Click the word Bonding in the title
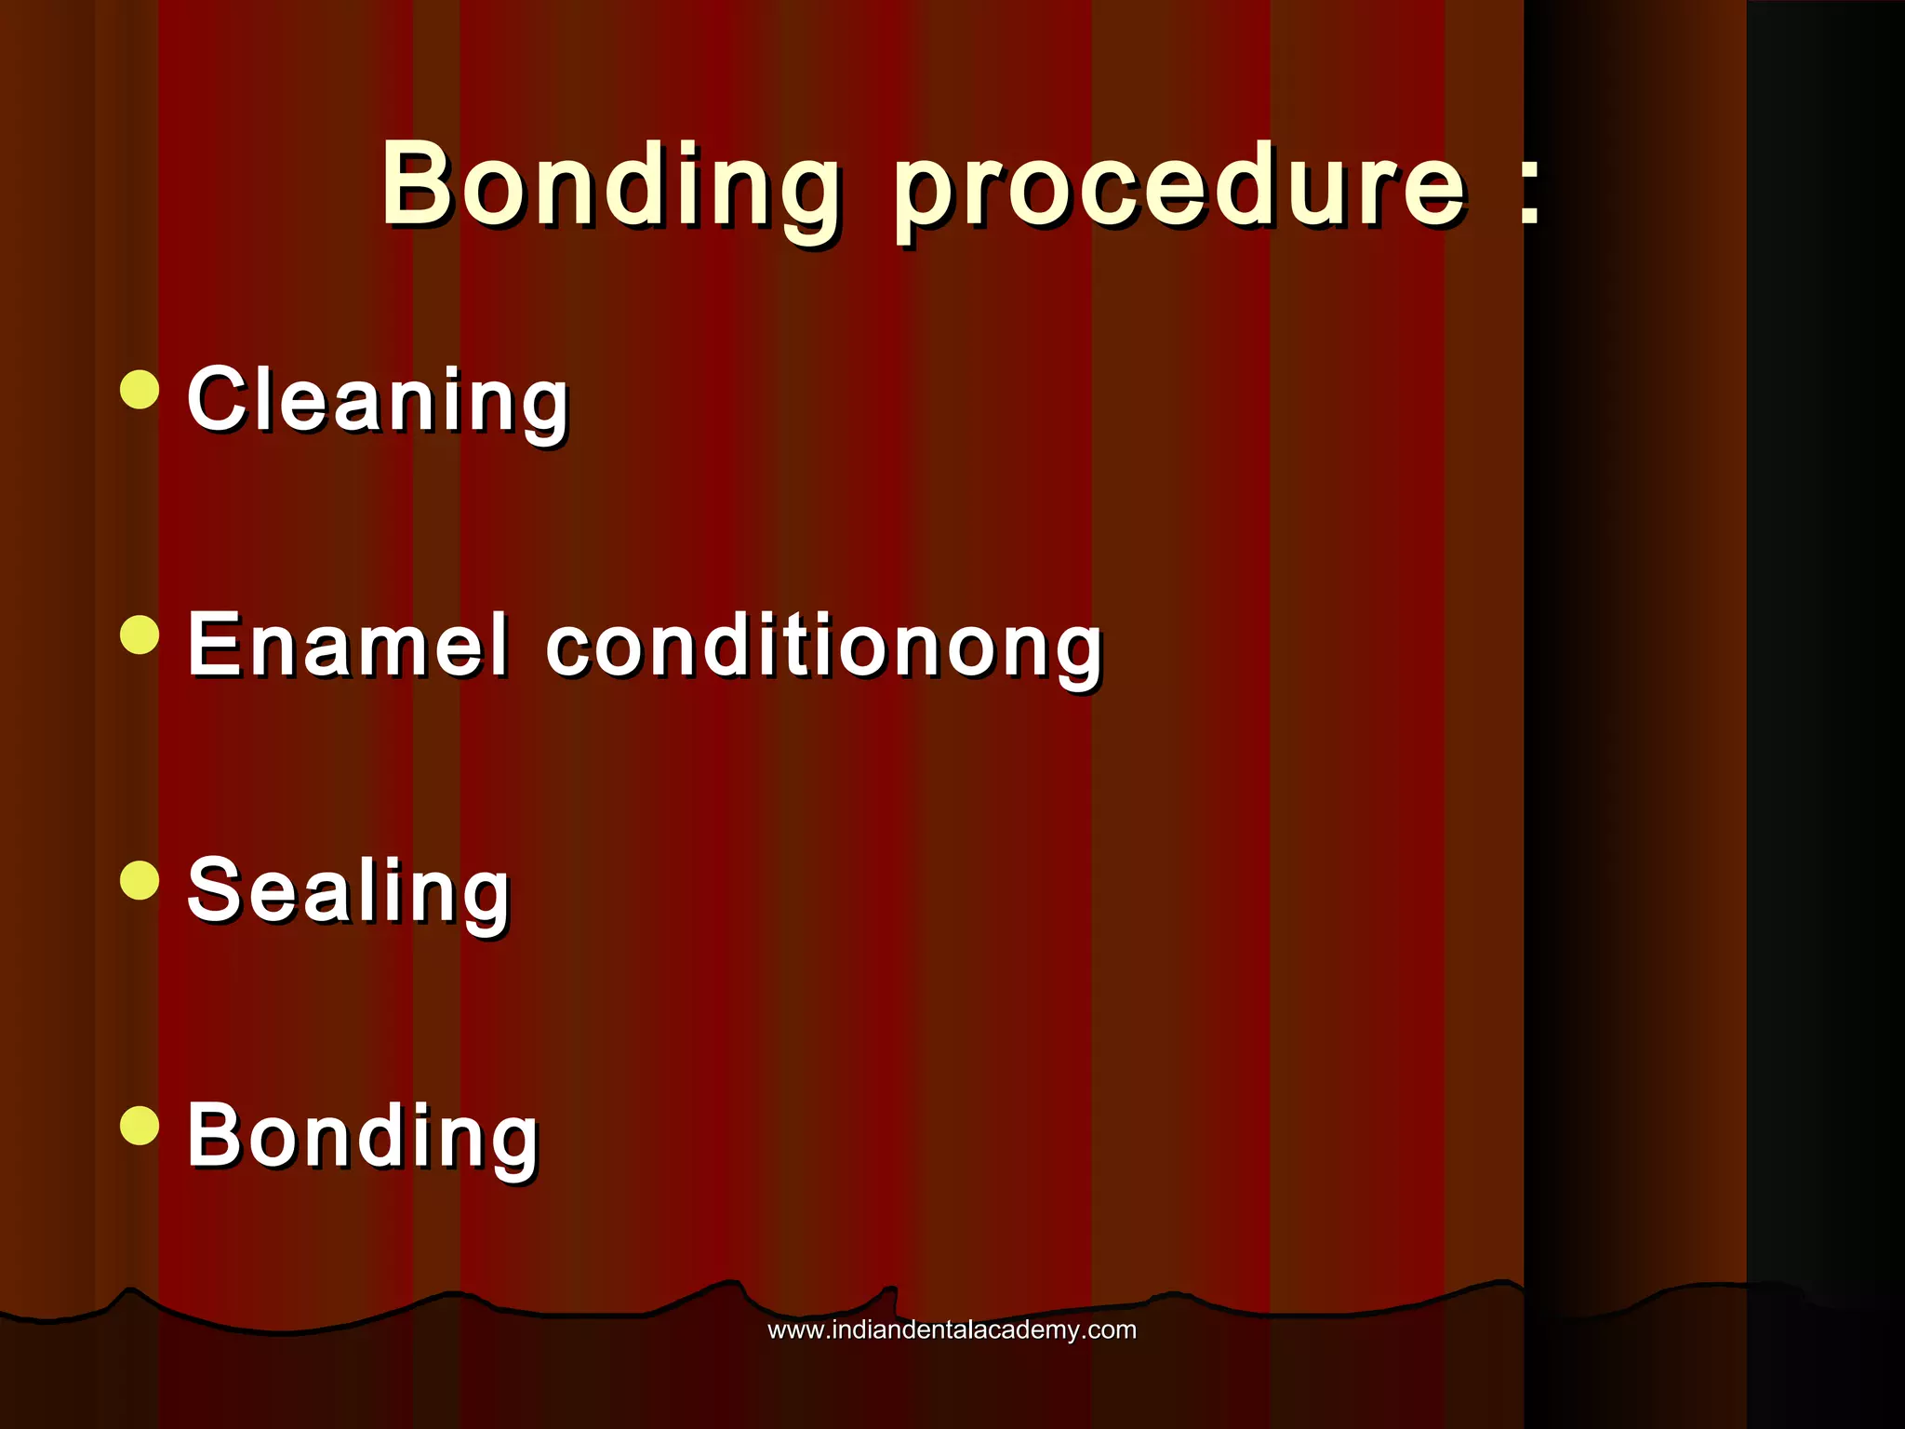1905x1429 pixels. point(610,186)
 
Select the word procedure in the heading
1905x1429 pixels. point(1179,191)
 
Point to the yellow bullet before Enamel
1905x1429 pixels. point(140,634)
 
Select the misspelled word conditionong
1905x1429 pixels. point(823,649)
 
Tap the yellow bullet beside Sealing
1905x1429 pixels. point(140,880)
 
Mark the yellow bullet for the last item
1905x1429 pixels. point(140,1125)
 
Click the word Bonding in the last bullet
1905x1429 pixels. point(362,1137)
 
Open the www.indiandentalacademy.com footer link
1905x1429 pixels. point(952,1330)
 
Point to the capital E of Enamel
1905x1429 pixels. point(213,644)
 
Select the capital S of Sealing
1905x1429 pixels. point(215,889)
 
